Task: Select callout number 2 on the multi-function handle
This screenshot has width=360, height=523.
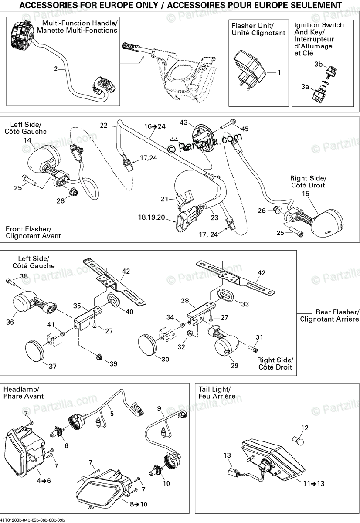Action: [56, 69]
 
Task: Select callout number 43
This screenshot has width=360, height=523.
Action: [183, 122]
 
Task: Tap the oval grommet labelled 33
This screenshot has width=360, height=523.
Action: [224, 295]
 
